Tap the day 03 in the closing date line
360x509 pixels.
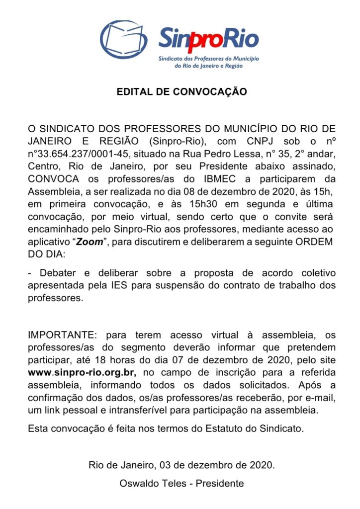tap(164, 465)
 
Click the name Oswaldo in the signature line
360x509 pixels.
tap(139, 483)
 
